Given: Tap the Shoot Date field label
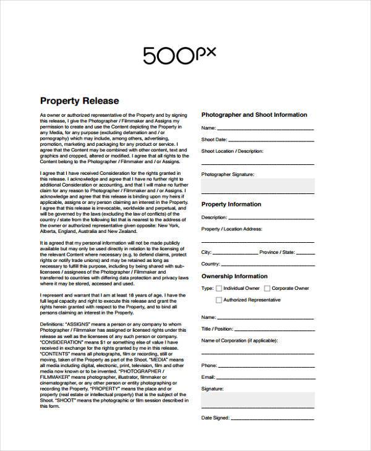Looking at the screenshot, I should coord(215,140).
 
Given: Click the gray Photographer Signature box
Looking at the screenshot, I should coord(258,186).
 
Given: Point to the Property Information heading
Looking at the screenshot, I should coord(231,204).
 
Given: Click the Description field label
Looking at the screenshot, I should coord(215,217).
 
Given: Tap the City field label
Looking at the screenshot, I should coord(207,253).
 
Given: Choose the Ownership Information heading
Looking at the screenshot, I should coord(234,276).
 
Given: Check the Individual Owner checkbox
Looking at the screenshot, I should coord(218,289).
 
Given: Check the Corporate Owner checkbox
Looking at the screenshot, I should coord(267,289).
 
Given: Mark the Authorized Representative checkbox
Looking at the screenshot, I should coord(218,300).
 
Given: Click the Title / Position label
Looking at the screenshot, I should coord(217,329).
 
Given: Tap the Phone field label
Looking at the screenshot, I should coord(209,365).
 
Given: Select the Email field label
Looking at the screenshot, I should coord(208,377).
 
